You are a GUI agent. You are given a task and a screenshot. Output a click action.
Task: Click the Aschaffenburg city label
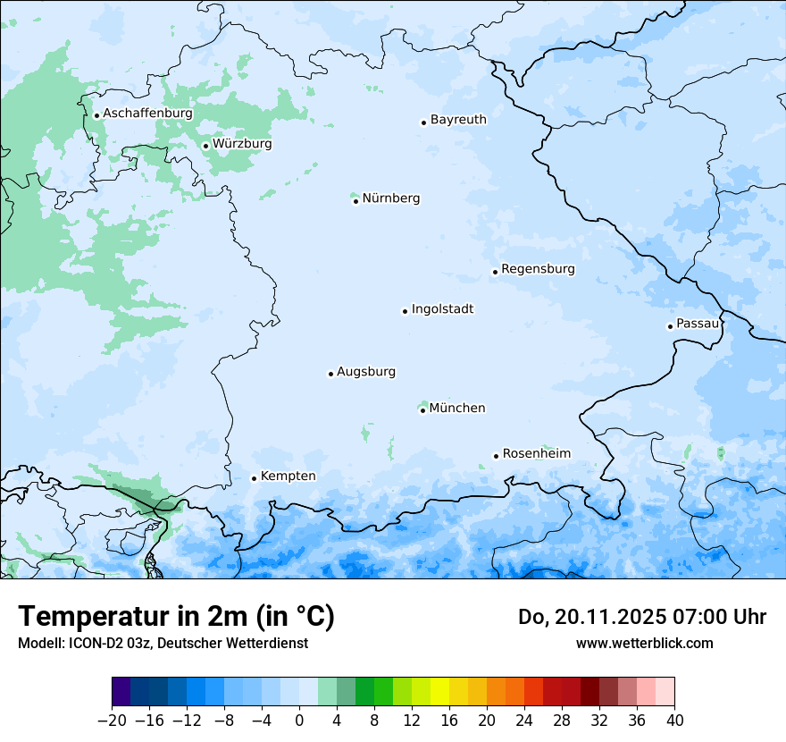[147, 114]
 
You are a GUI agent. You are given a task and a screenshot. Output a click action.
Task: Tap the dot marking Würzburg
[205, 146]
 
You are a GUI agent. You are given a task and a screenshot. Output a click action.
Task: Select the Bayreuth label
[458, 120]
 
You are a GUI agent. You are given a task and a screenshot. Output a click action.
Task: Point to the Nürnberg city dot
[355, 201]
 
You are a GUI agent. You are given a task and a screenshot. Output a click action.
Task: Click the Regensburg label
[538, 269]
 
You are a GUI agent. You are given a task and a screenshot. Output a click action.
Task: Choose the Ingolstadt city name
[442, 309]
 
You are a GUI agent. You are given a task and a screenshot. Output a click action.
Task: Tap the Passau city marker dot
[670, 326]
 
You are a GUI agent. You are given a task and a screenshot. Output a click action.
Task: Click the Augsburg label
[366, 372]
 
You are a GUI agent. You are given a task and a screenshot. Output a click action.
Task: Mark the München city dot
[422, 410]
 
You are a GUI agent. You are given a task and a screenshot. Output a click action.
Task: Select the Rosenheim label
[536, 454]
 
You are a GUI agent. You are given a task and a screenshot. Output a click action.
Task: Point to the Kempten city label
[288, 476]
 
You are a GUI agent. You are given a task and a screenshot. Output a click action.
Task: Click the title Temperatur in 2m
[176, 617]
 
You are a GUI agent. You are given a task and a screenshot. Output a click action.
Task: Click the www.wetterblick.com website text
[644, 643]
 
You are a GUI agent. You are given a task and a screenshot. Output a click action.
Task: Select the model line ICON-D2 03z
[163, 643]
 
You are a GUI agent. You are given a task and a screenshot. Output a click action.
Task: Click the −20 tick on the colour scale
[112, 721]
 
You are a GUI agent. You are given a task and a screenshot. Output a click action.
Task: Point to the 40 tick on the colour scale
[674, 721]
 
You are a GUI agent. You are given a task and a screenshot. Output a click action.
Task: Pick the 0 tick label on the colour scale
[299, 721]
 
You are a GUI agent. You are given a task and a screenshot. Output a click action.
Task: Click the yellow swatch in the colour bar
[439, 692]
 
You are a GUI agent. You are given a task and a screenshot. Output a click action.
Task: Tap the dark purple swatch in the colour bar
[121, 692]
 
